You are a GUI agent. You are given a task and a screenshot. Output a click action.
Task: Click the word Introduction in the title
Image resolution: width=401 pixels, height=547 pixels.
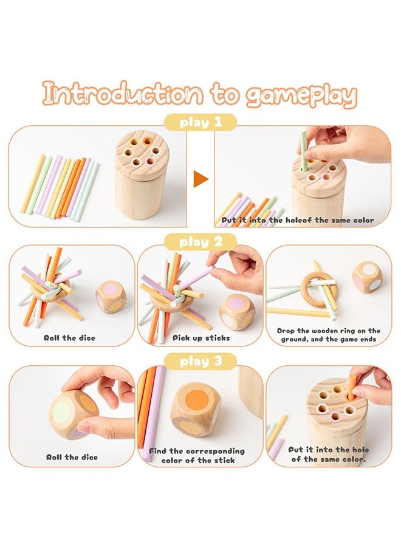point(122,95)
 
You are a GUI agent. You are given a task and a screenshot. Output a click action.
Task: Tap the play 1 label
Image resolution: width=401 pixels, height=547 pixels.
point(200,123)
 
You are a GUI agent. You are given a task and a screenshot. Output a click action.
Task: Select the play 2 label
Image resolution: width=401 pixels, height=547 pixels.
point(200,242)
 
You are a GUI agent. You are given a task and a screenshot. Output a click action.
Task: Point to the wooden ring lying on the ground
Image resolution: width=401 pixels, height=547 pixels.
point(318,289)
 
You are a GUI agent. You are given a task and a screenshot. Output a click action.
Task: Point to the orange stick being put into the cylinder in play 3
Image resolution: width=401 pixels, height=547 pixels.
point(351,387)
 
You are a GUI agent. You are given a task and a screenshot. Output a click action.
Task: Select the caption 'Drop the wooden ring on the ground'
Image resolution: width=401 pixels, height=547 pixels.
point(328,335)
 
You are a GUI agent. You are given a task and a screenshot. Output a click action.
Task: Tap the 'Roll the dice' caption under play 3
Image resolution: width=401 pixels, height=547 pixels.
point(72,456)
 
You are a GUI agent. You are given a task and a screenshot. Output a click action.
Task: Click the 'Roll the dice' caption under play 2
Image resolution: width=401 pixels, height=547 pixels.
point(69,337)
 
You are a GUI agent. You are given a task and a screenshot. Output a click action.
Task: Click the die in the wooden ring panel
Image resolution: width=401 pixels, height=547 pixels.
point(368,277)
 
